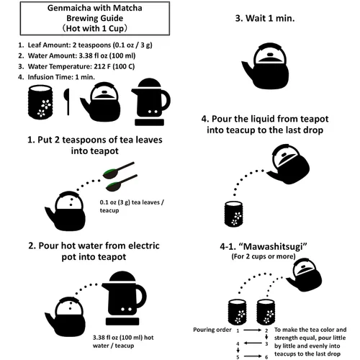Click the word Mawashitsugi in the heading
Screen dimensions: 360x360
(275, 246)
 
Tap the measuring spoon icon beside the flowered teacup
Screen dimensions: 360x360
(67, 102)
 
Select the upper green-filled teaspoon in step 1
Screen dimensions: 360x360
(118, 170)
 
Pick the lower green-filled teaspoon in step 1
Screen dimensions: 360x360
(122, 183)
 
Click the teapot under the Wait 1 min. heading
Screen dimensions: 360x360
(265, 66)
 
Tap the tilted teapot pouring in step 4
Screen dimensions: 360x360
(289, 164)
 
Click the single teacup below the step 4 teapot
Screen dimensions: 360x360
(233, 214)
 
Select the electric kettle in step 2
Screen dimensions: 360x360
(124, 298)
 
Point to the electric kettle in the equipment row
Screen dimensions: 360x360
(150, 102)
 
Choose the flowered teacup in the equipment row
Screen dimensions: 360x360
(40, 102)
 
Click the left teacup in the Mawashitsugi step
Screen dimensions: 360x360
(237, 312)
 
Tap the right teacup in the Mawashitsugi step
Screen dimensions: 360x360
(266, 312)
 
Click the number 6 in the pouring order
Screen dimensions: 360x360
(266, 357)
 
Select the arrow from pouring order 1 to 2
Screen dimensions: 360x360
(252, 330)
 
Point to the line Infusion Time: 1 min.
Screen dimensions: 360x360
(56, 77)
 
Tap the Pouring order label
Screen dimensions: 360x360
(212, 330)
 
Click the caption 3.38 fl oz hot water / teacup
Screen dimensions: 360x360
(123, 341)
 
